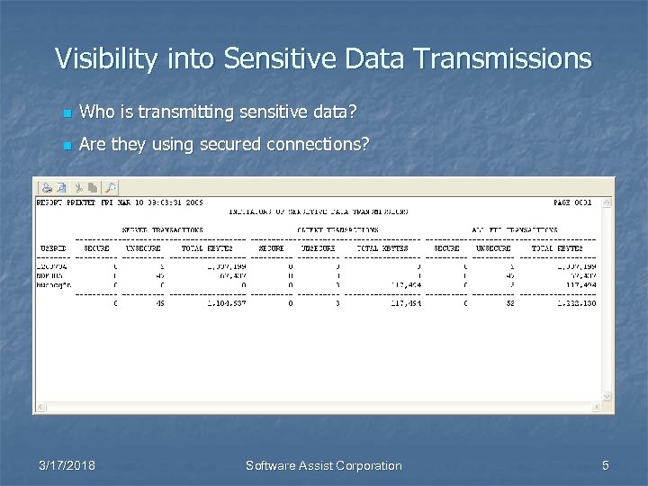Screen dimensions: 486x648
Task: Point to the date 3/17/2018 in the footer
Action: pos(67,465)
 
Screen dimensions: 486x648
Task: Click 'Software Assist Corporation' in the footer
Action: pos(324,465)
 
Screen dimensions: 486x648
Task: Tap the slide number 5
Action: pos(605,465)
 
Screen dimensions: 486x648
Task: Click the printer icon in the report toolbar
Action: pos(44,187)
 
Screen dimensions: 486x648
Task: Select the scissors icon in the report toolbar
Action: pos(78,187)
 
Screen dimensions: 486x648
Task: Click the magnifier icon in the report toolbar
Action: pos(110,187)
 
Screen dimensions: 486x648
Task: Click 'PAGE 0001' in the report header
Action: pos(572,202)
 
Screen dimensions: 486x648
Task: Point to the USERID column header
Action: pos(52,247)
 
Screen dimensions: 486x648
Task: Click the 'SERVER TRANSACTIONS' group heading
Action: pos(163,230)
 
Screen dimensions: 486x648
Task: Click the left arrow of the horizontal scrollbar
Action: pos(40,408)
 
